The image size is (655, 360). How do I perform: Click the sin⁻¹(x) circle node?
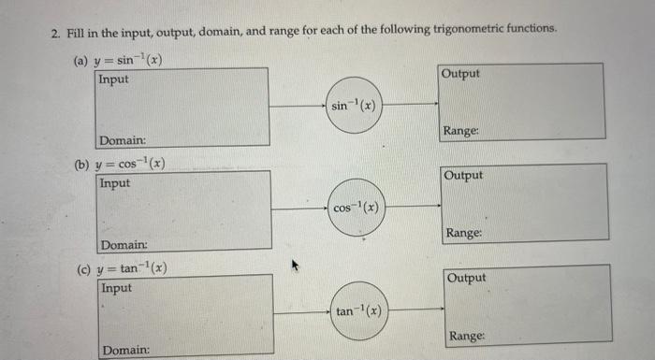point(353,106)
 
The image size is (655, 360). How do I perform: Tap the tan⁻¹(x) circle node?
point(359,311)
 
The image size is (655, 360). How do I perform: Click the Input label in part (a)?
point(114,79)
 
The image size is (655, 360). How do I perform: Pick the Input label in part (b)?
point(116,182)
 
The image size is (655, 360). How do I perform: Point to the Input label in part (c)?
point(117,287)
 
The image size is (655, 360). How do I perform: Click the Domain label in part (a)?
point(123,140)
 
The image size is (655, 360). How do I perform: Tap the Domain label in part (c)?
point(126,349)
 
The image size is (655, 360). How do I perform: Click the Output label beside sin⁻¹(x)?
point(460,73)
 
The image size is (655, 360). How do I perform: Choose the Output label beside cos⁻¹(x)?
point(464,175)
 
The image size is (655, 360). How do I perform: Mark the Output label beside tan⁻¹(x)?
point(468,278)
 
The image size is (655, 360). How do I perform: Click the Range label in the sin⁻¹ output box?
point(462,131)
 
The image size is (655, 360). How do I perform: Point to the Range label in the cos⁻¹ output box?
point(465,233)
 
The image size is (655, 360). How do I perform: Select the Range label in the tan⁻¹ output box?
point(468,336)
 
